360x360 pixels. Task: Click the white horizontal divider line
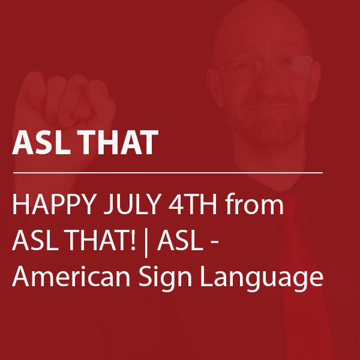click(x=168, y=173)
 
